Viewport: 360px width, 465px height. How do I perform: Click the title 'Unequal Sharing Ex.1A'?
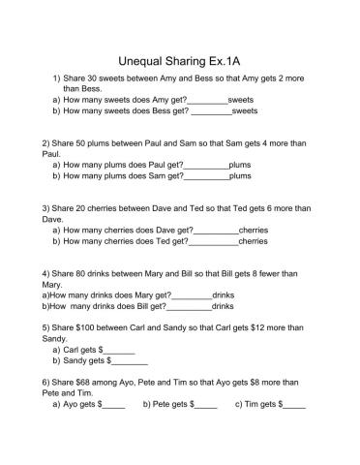pyautogui.click(x=180, y=57)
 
